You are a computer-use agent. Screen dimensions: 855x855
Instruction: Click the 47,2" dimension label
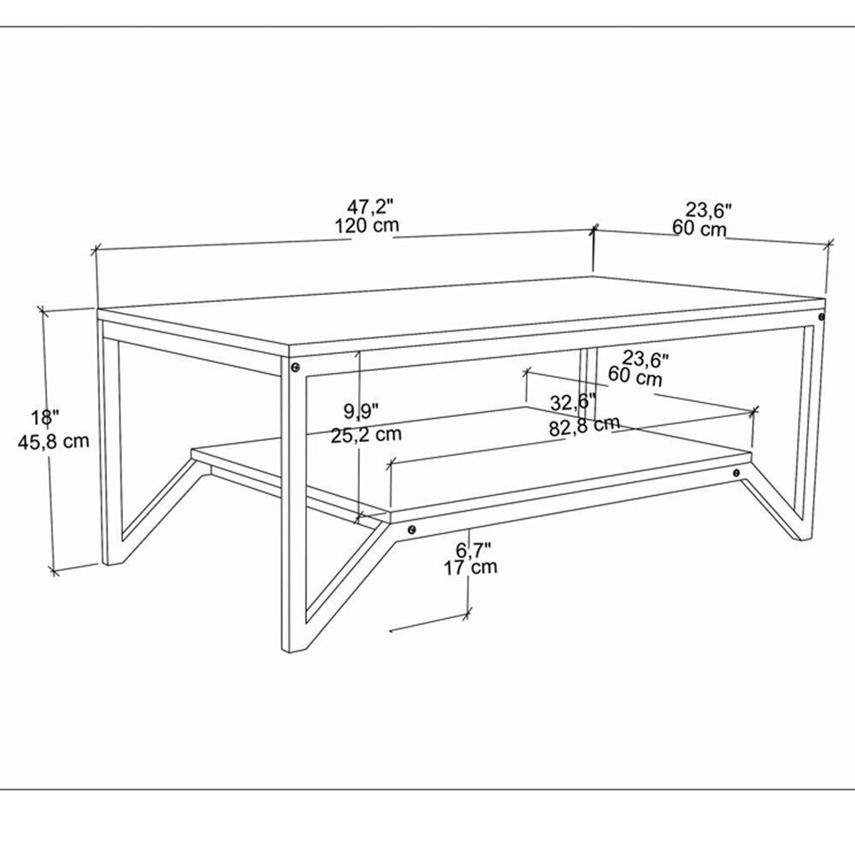point(370,207)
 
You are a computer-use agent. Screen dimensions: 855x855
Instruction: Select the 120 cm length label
point(367,225)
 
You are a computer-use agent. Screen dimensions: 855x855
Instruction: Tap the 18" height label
point(44,418)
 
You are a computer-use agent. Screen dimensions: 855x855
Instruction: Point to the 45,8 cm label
point(53,441)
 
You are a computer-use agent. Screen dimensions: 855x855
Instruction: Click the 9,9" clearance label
point(361,410)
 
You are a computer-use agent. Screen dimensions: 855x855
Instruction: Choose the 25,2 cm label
point(366,434)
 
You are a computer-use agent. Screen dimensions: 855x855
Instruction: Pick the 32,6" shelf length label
point(573,403)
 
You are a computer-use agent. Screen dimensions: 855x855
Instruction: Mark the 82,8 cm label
point(584,426)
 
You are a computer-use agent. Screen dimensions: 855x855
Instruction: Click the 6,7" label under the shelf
point(474,549)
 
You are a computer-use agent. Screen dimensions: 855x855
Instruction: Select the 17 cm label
point(470,568)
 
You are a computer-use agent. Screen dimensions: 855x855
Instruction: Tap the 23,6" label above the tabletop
point(708,209)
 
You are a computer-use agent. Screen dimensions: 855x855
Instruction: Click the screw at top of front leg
point(296,367)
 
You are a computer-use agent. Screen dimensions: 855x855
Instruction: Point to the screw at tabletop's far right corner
point(822,316)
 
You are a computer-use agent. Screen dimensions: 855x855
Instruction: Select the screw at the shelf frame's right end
point(737,472)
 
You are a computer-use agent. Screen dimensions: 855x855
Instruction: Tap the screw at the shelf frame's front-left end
point(412,529)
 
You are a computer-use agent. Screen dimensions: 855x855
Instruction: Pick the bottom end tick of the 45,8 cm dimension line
point(53,571)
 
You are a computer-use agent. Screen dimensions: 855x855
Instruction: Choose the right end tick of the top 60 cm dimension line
point(829,243)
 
